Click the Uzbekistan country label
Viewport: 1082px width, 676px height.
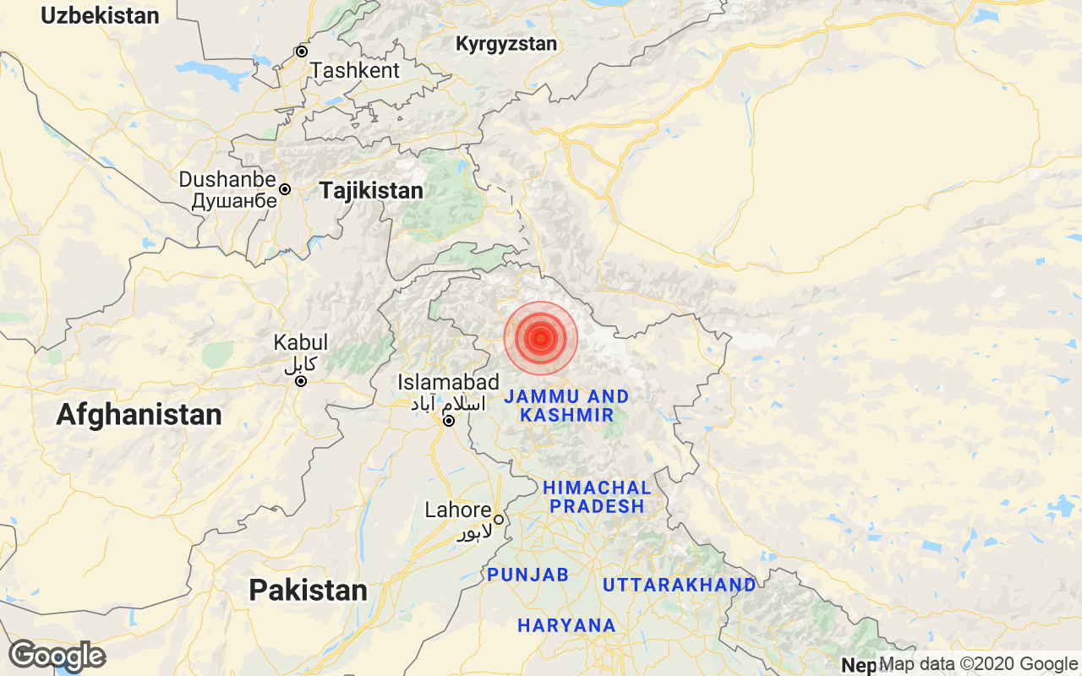coord(100,15)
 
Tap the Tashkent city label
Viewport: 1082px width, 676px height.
coord(355,71)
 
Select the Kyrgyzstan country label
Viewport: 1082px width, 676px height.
coord(506,44)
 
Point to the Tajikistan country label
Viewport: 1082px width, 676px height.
coord(371,191)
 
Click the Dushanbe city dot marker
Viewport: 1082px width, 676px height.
coord(285,189)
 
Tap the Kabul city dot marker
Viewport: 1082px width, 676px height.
coord(300,381)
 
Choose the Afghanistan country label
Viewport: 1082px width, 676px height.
coord(139,415)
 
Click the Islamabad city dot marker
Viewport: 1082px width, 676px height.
coord(449,420)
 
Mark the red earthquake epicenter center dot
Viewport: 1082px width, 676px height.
coord(540,338)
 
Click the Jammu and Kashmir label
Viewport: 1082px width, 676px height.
coord(566,406)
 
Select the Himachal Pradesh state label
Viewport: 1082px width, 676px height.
coord(597,497)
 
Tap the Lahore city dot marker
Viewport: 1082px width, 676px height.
coord(499,520)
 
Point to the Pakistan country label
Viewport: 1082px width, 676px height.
coord(308,590)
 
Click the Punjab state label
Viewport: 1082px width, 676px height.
coord(527,575)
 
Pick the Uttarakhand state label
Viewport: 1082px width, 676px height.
coord(679,585)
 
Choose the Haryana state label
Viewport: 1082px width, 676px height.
coord(566,626)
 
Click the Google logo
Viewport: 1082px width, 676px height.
coord(57,656)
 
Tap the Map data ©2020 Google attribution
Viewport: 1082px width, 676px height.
coord(978,664)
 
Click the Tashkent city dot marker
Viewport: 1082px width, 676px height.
coord(301,52)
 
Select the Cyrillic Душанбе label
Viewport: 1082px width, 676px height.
coord(234,201)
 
